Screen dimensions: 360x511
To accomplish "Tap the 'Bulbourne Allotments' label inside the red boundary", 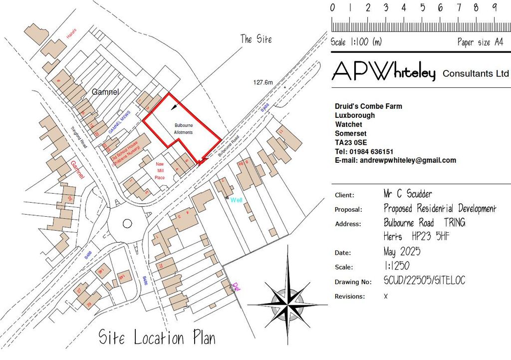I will coord(184,128).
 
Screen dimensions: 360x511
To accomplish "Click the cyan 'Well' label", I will coord(236,200).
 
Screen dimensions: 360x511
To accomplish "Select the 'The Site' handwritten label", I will coord(256,39).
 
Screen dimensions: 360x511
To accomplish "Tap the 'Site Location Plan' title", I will coord(157,338).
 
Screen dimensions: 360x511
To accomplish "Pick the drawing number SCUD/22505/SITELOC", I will coord(424,281).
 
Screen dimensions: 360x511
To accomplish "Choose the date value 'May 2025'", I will coord(402,251).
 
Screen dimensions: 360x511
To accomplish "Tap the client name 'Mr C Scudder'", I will coord(408,194).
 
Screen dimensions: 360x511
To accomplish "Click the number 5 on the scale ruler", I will coord(422,7).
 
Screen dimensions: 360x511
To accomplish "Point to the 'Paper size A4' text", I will coord(480,42).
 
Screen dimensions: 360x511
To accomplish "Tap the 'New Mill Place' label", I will coord(160,171).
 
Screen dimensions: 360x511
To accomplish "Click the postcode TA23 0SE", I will coord(351,142).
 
